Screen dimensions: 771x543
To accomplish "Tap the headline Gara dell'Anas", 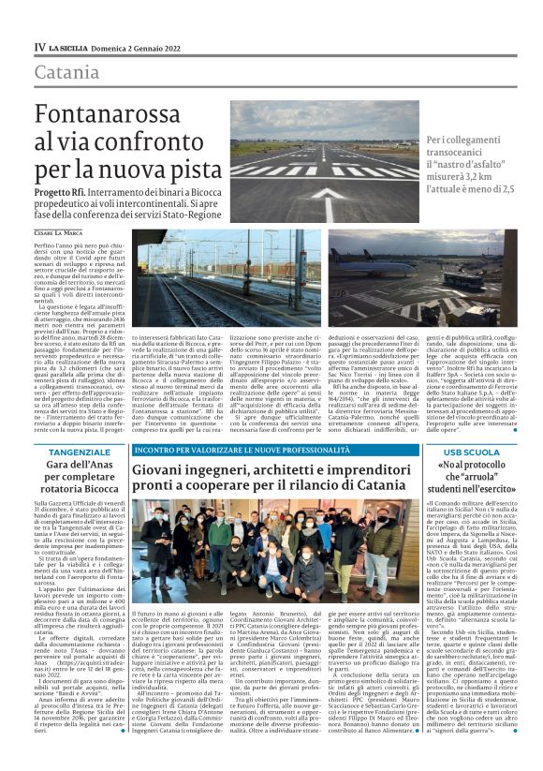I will tap(79, 466).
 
